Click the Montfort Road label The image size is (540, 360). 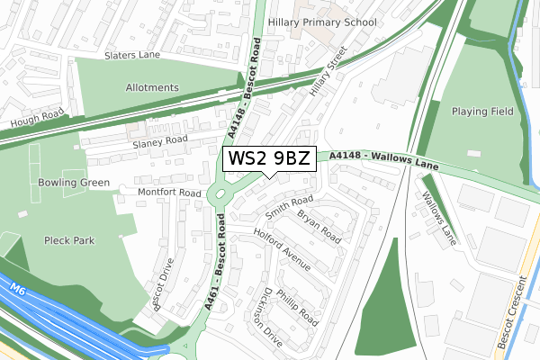pos(169,193)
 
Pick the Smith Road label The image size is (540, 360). pos(289,208)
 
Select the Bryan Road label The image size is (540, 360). pos(319,227)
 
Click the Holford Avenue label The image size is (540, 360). pos(281,249)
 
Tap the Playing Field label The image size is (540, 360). pos(482,112)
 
